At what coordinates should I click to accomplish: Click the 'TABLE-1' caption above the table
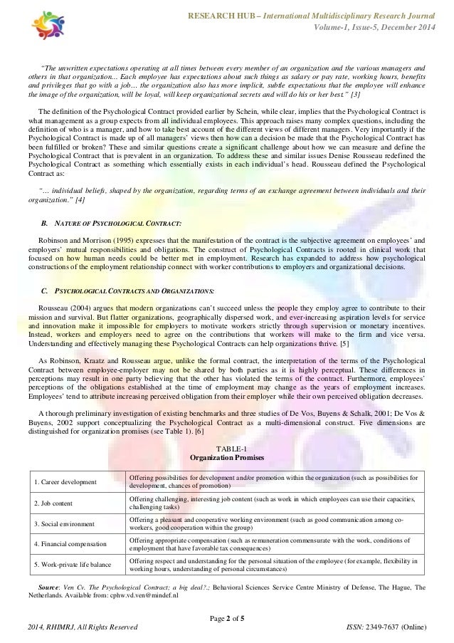[x=227, y=446]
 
